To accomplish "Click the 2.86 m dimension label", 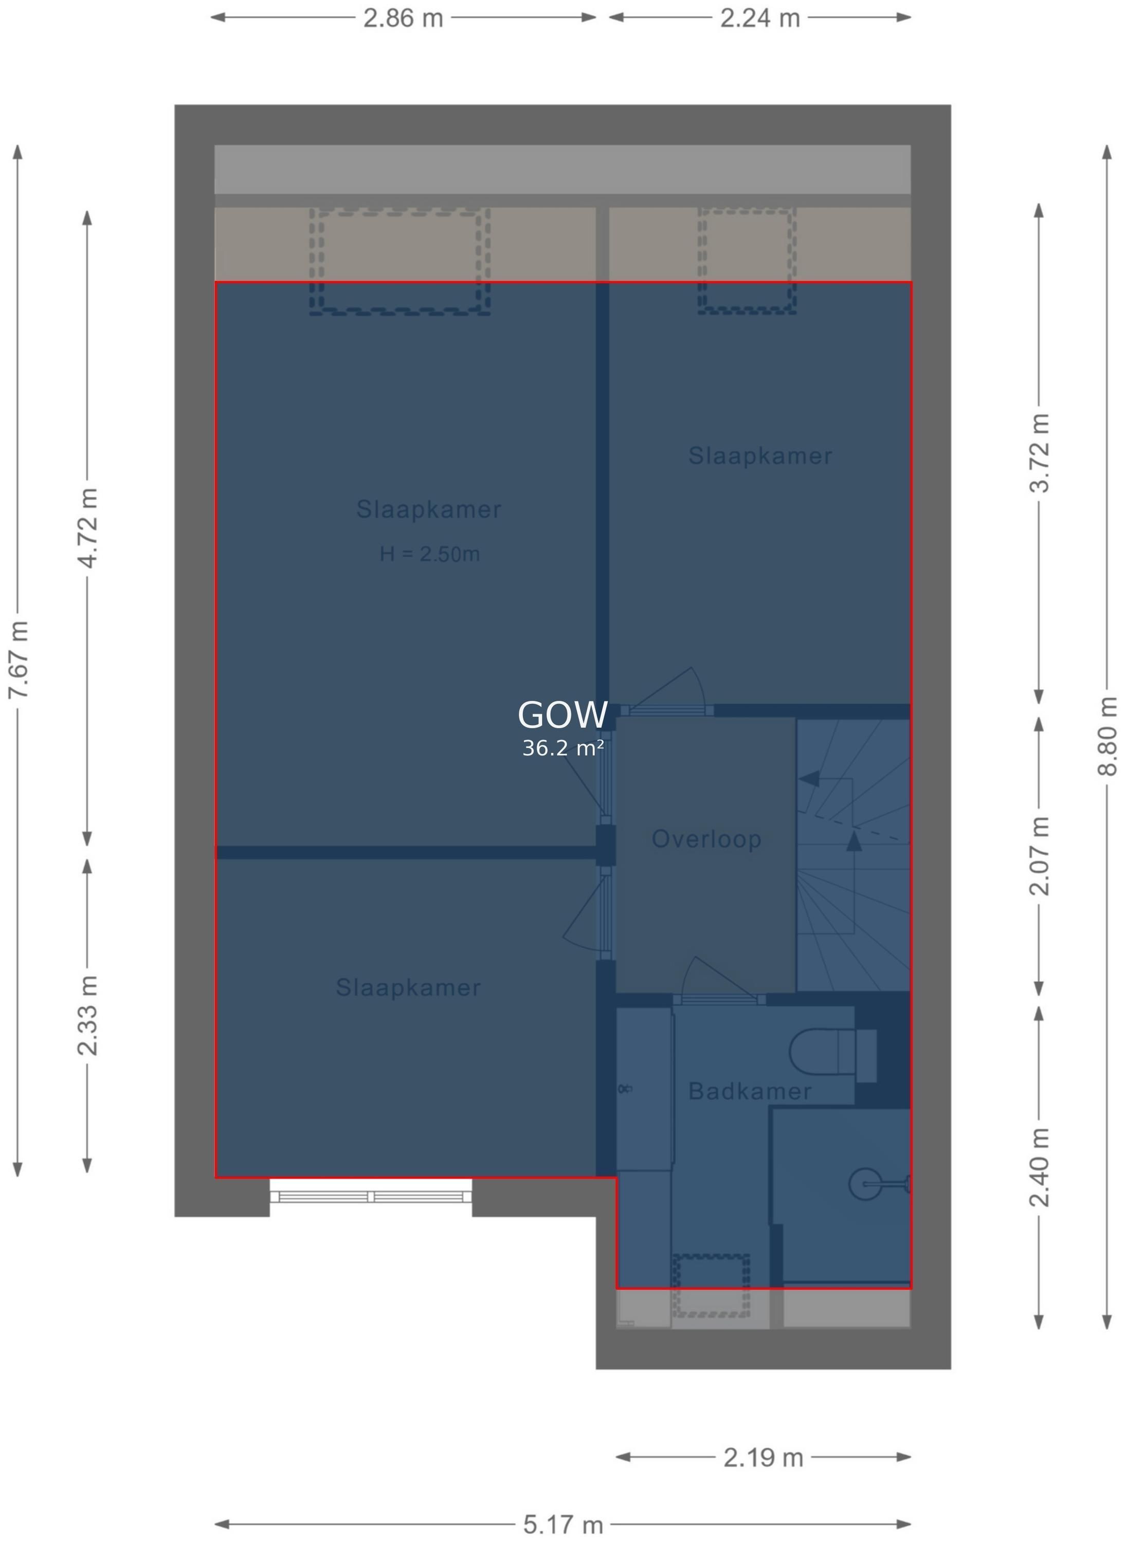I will click(x=403, y=17).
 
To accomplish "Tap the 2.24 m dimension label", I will click(x=760, y=17).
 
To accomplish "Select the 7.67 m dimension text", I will click(x=19, y=659).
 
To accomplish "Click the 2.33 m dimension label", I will click(x=88, y=1015).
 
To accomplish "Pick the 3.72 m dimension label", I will click(x=1039, y=453).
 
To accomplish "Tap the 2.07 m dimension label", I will click(x=1039, y=856).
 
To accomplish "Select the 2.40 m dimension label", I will click(x=1039, y=1167).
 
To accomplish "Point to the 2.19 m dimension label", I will click(x=764, y=1458).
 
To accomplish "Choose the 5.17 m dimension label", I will click(x=563, y=1525).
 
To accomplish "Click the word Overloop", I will click(x=706, y=839).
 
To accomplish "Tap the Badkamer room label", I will click(x=750, y=1091).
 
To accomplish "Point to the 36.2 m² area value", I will click(x=562, y=748).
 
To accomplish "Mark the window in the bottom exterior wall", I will click(x=371, y=1196).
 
